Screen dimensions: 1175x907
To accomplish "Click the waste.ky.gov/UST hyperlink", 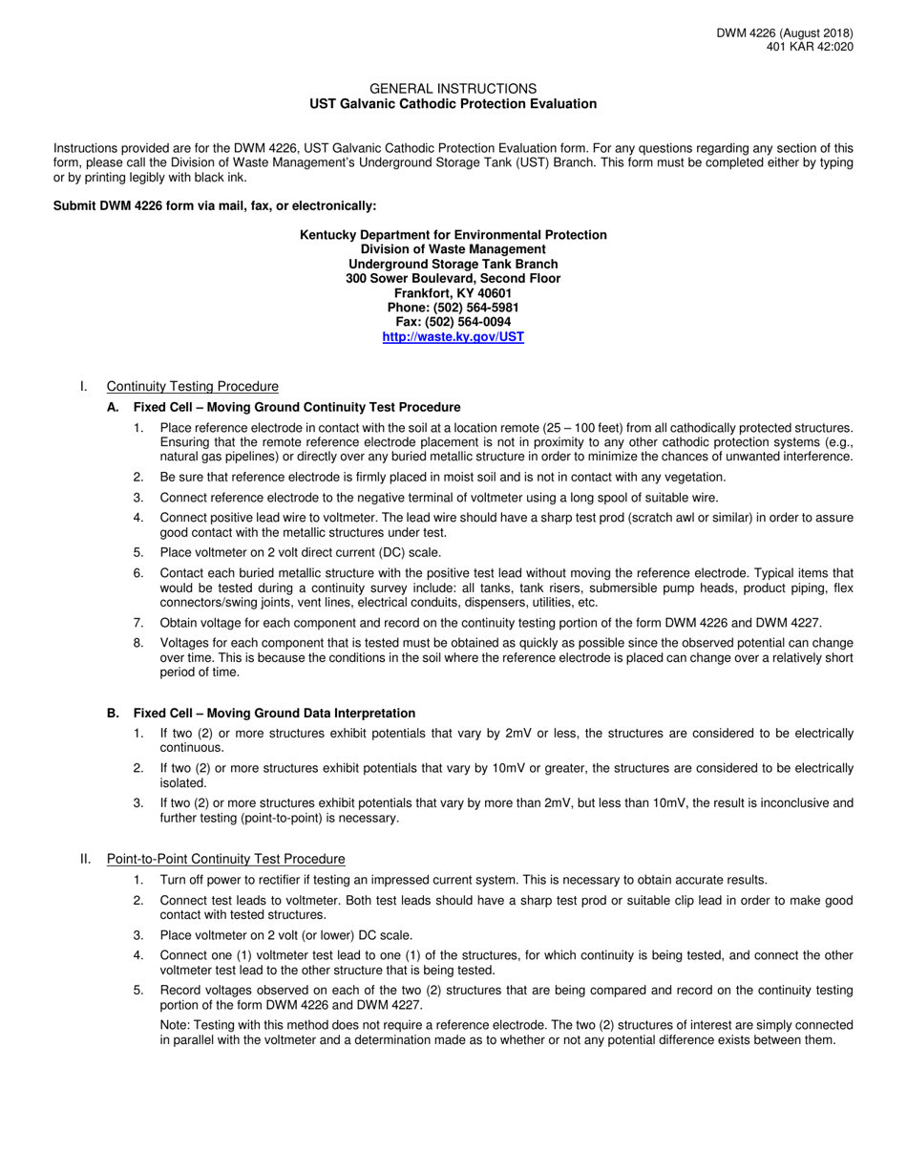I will (453, 337).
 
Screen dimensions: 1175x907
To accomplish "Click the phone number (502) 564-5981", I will (453, 308).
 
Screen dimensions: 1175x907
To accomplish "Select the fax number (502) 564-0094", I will (453, 322).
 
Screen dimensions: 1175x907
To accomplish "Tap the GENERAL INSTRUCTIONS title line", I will (453, 88).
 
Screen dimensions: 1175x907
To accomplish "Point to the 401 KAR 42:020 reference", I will (810, 47).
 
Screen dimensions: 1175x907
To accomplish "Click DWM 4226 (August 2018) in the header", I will (785, 33).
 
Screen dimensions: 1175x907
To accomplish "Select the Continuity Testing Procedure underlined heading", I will (193, 386).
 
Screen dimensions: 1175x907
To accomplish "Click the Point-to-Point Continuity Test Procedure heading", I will (225, 859).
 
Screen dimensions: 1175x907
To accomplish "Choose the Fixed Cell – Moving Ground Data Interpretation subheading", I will (274, 714).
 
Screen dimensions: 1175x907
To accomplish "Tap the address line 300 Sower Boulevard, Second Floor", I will (453, 279).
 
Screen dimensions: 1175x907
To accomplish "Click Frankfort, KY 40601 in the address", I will (453, 293).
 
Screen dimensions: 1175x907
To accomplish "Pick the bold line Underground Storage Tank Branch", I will (453, 264).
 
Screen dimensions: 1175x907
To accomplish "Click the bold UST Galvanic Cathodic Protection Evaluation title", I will (453, 104).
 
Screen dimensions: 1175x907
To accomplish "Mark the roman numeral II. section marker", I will (86, 859).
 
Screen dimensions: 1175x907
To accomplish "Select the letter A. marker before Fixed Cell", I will (113, 407).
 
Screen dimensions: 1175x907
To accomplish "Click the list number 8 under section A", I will (138, 643).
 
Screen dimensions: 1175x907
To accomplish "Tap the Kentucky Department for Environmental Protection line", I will (453, 235).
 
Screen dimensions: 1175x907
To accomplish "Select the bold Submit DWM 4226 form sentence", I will (215, 205).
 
